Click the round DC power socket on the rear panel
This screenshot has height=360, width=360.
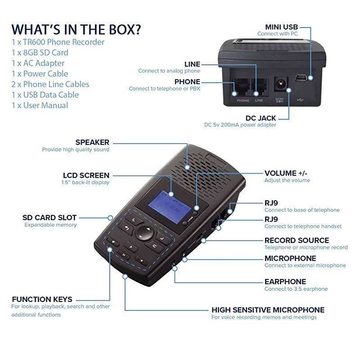point(281,84)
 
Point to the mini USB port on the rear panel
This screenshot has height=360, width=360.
point(301,78)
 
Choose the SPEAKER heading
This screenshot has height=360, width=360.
point(92,143)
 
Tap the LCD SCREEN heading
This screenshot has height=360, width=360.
point(86,175)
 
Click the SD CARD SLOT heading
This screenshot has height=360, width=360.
point(49,218)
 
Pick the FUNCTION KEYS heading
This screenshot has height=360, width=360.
point(42,299)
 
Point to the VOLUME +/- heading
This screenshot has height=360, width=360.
point(286,173)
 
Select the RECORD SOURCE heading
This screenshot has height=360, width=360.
point(297,240)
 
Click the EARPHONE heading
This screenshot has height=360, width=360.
point(285,282)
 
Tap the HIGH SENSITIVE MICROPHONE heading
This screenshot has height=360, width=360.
point(268,310)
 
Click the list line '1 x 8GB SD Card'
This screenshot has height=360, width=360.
point(40,53)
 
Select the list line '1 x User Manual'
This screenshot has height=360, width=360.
point(40,105)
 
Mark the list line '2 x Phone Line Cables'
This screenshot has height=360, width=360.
point(50,84)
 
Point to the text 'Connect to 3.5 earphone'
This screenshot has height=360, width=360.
point(296,289)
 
